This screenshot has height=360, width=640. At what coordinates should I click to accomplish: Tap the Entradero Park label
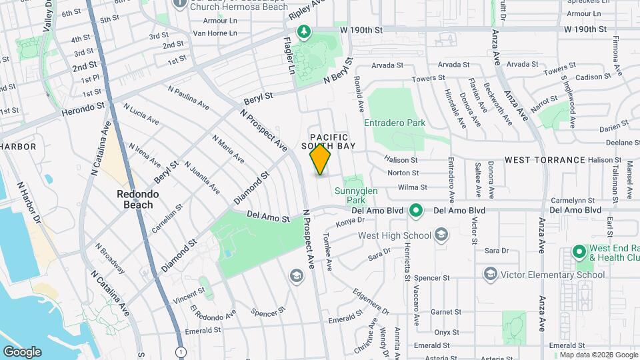click(395, 123)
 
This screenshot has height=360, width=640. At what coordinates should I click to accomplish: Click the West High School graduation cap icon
click(441, 235)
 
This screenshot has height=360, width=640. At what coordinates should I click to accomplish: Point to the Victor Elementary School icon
click(491, 275)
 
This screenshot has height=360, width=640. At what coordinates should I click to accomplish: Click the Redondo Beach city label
click(135, 199)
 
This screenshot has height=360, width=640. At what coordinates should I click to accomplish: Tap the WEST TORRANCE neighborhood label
click(545, 160)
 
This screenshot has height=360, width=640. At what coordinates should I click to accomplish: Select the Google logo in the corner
click(22, 352)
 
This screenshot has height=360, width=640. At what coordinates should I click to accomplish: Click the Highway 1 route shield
click(180, 351)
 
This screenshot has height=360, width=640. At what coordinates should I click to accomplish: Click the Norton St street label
click(403, 173)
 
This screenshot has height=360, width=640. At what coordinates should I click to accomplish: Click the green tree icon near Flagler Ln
click(303, 32)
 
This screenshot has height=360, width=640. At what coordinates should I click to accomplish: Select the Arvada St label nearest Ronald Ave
click(387, 65)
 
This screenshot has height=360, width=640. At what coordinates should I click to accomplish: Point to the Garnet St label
click(441, 312)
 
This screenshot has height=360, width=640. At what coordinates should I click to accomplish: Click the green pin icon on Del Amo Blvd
click(416, 211)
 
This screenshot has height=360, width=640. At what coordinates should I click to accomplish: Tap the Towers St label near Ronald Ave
click(429, 79)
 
